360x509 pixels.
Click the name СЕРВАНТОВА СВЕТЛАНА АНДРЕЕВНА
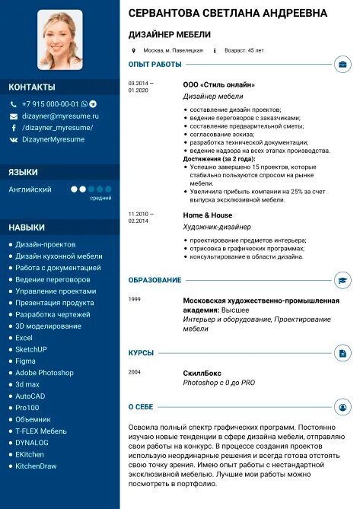tap(228, 14)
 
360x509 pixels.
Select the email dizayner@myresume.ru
tap(60, 116)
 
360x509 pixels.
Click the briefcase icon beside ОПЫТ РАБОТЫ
tap(342, 65)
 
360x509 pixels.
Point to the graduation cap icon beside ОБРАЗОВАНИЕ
tap(342, 281)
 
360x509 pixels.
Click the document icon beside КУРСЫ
tap(342, 353)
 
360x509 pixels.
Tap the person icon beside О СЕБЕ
tap(342, 407)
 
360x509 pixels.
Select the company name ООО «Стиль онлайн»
tap(218, 84)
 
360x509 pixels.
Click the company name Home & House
tap(208, 215)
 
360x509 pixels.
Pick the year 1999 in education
tap(135, 299)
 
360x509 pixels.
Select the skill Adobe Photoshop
tap(44, 373)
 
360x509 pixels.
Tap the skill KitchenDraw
tap(36, 466)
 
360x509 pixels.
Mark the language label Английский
tap(30, 189)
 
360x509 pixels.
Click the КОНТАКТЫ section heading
tap(32, 87)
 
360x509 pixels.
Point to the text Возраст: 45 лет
tap(244, 50)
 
